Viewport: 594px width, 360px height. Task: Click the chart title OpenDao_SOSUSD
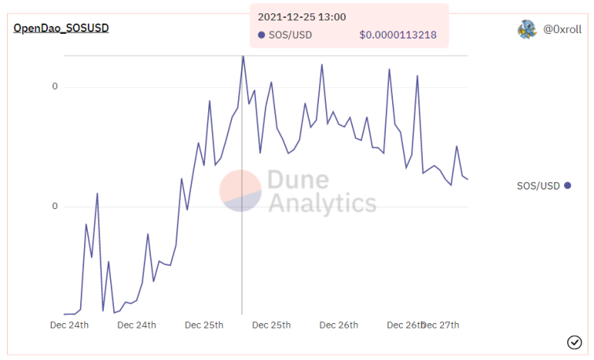click(x=61, y=28)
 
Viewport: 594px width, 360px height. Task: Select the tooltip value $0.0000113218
click(x=398, y=35)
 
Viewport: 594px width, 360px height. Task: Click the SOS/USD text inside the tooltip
click(x=291, y=35)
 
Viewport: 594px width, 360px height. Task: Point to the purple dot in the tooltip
click(x=262, y=35)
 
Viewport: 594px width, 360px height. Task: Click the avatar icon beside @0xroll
click(x=526, y=29)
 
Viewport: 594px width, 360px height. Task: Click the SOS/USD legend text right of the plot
click(x=538, y=186)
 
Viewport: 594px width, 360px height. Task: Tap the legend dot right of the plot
click(x=568, y=186)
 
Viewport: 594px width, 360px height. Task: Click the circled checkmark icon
click(x=574, y=341)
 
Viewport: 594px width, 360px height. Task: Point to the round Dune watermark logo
click(x=240, y=190)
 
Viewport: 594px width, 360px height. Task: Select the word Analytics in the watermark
click(x=323, y=204)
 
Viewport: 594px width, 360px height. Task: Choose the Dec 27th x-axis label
click(x=440, y=325)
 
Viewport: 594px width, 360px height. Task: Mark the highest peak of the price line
click(x=243, y=56)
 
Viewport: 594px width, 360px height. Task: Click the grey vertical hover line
click(x=242, y=236)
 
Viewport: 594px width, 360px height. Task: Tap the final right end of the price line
click(x=468, y=180)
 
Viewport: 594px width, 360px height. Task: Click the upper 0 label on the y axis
click(x=55, y=86)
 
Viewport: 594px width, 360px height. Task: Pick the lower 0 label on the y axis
click(x=55, y=207)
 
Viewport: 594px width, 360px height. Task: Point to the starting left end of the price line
click(x=64, y=314)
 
